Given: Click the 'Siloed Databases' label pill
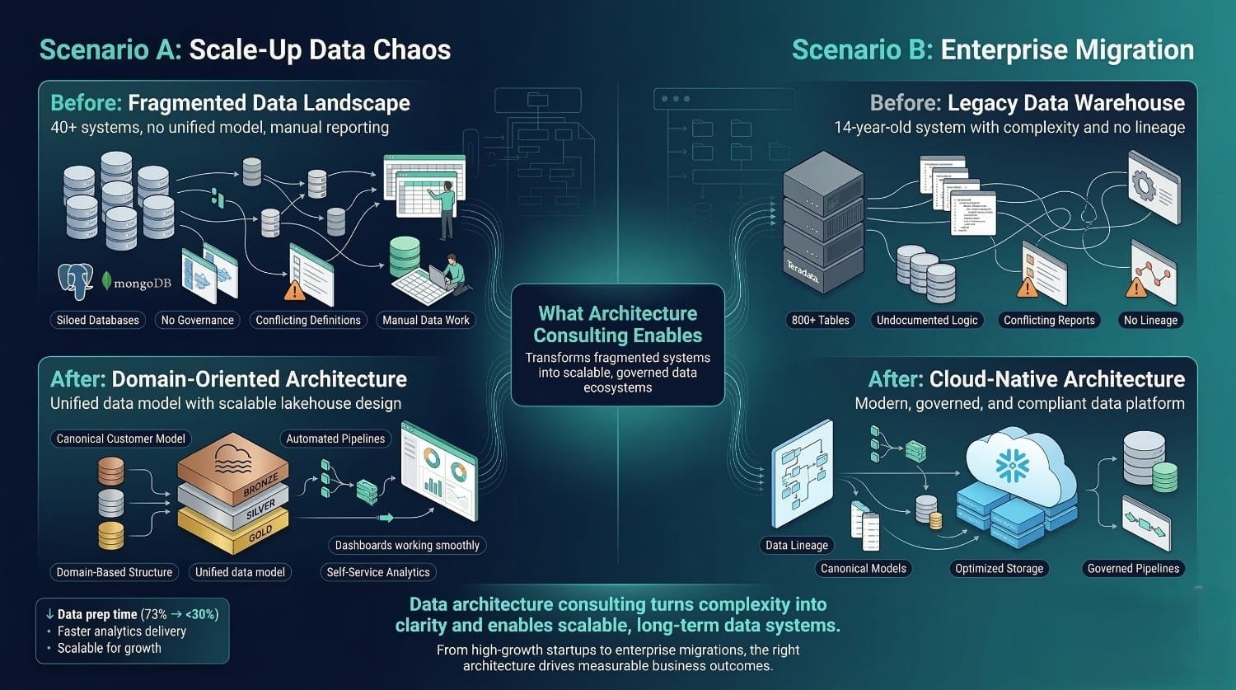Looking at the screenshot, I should point(98,320).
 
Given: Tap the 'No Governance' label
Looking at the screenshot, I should point(197,320).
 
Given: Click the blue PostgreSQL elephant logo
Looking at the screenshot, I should point(76,281).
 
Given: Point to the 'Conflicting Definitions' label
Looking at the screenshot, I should point(308,320).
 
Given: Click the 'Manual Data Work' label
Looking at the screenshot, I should point(426,320).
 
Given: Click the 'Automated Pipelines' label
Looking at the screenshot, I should point(335,439).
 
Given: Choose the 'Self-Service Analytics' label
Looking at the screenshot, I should point(378,572).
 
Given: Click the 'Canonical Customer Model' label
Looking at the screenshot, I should point(121,439).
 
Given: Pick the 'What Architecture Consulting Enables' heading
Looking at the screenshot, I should point(618,324).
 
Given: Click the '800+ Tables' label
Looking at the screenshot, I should point(820,320).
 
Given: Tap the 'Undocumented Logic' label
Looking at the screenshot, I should point(927,320).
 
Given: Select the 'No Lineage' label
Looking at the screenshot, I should point(1151,320).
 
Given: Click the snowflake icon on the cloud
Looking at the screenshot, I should point(1012,466).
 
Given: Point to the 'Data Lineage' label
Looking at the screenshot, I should point(797,545).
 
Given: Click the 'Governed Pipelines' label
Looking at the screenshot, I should point(1133,568).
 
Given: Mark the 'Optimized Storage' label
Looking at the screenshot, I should point(999,568).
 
